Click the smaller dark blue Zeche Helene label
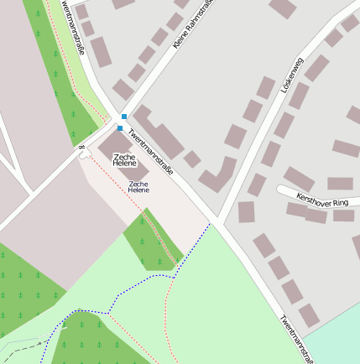click(138, 186)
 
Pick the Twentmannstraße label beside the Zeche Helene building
click(150, 152)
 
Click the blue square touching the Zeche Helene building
click(120, 128)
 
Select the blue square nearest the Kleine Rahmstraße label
click(124, 116)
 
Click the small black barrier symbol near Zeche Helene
click(82, 148)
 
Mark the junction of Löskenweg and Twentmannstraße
click(217, 220)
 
